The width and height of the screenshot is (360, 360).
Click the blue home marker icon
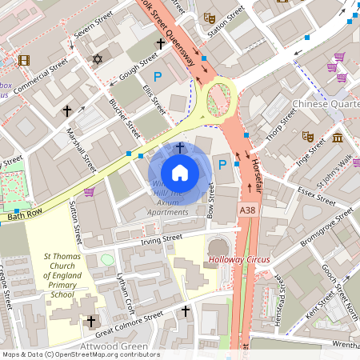tap(180, 172)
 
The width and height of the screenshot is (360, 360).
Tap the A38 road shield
tap(248, 208)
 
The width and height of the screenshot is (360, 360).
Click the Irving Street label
tap(162, 238)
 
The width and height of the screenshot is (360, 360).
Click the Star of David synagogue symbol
tap(98, 59)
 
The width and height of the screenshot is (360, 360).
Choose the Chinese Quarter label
tap(326, 104)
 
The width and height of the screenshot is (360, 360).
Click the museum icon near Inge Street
tap(337, 138)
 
